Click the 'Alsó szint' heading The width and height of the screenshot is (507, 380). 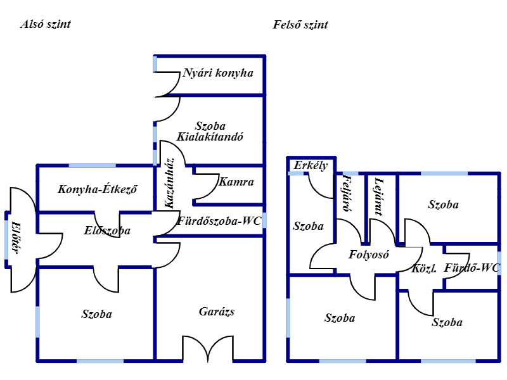coord(45,25)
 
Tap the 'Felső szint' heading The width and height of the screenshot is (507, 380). coord(300,25)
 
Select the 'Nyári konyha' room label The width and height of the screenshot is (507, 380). coord(217,73)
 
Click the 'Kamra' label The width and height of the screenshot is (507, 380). coord(236,182)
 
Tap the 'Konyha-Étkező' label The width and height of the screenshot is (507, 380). coord(98,189)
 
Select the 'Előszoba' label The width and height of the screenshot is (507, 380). coord(106,231)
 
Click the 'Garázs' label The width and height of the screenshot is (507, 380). coord(217,312)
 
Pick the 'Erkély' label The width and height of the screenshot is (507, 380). coord(311,166)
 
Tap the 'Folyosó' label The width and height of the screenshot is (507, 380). coord(368,255)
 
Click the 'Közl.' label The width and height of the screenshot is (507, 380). coord(424,268)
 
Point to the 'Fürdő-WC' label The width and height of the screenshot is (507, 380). coord(472,268)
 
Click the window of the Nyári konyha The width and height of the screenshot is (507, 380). coord(155,64)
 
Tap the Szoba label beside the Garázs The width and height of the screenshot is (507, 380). coord(96,314)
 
